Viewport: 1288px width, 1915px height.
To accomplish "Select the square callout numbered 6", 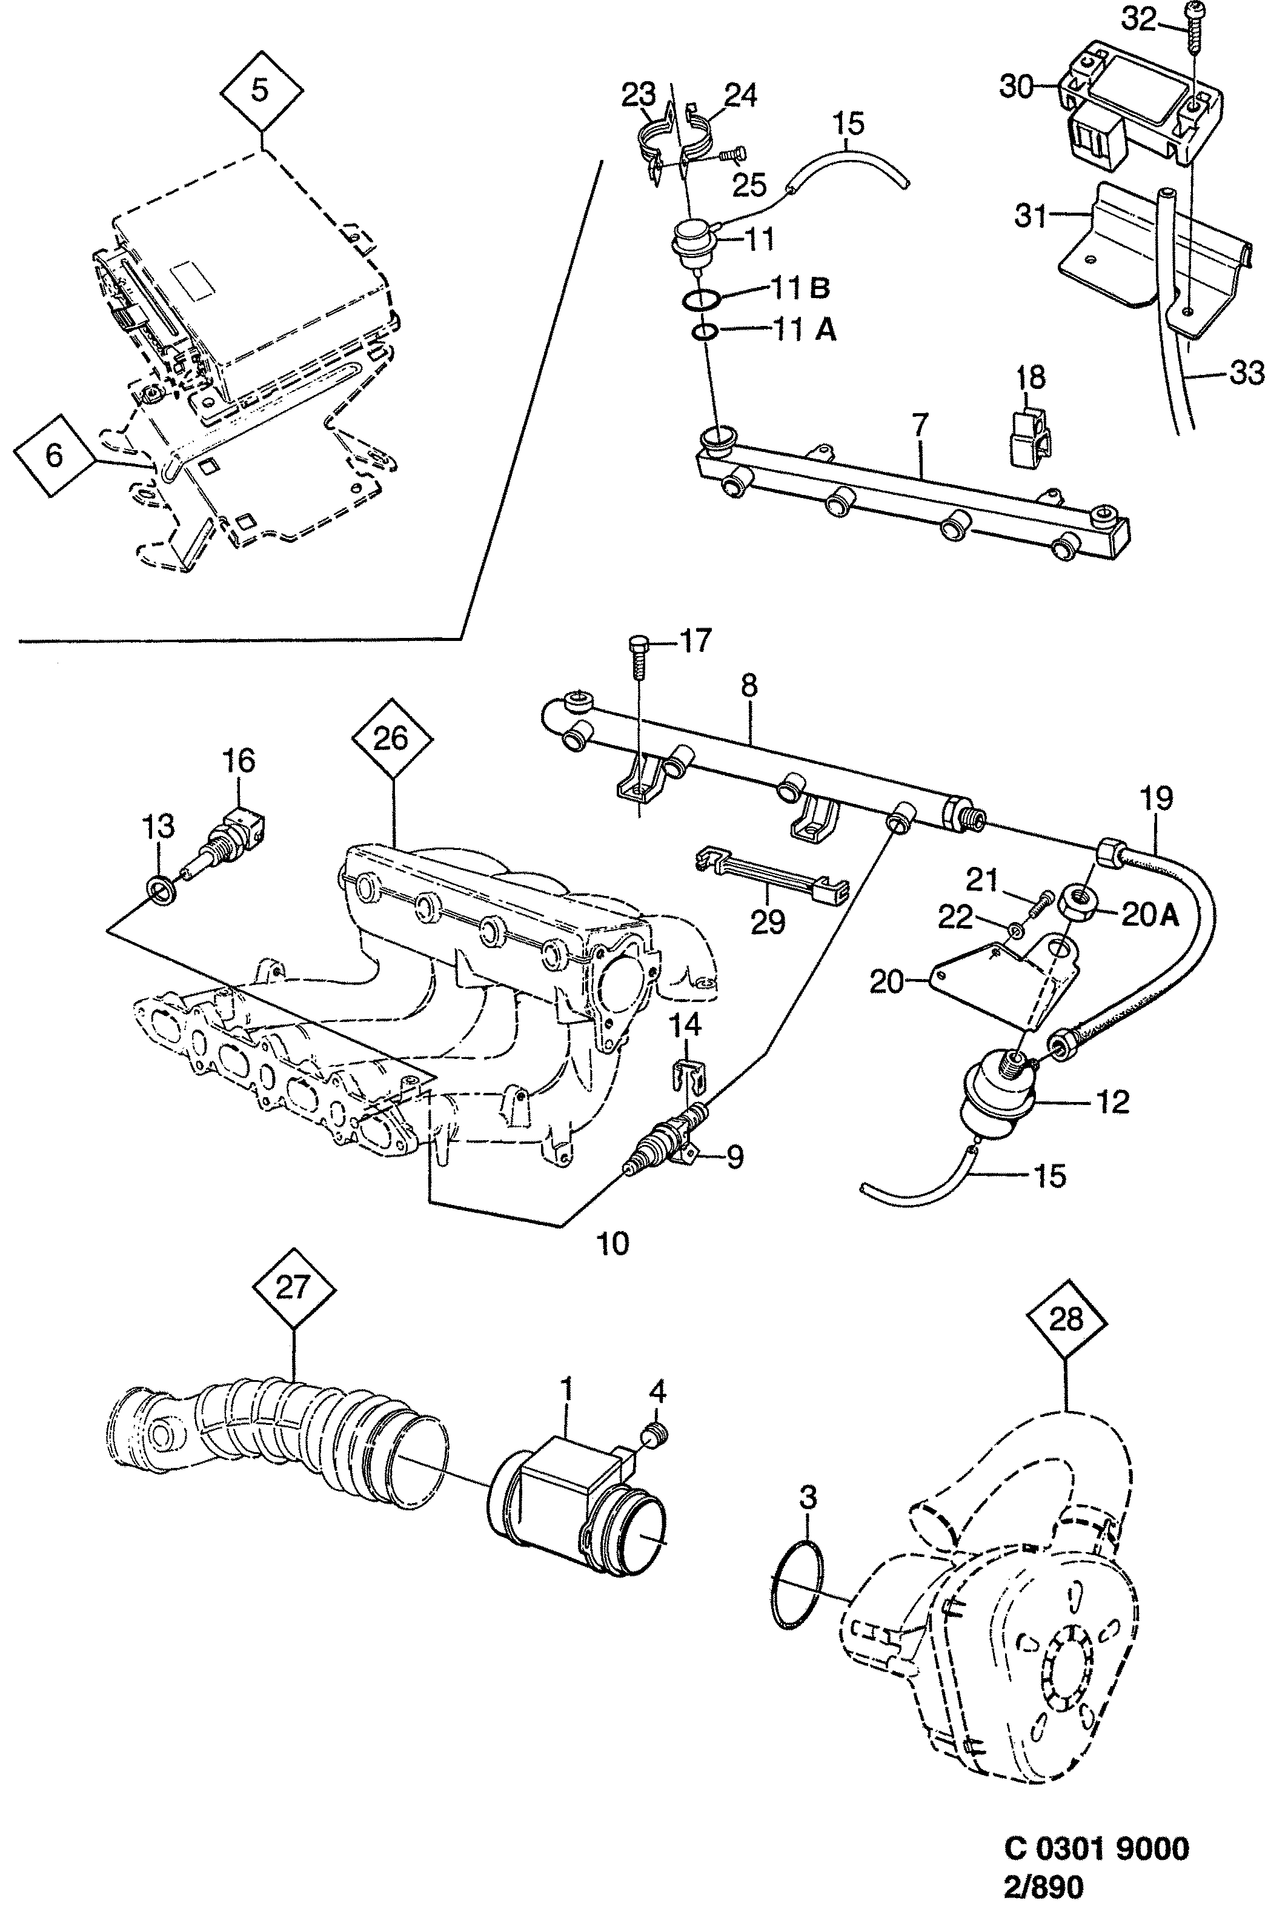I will [x=54, y=454].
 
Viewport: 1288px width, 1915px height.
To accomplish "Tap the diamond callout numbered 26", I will [x=392, y=738].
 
